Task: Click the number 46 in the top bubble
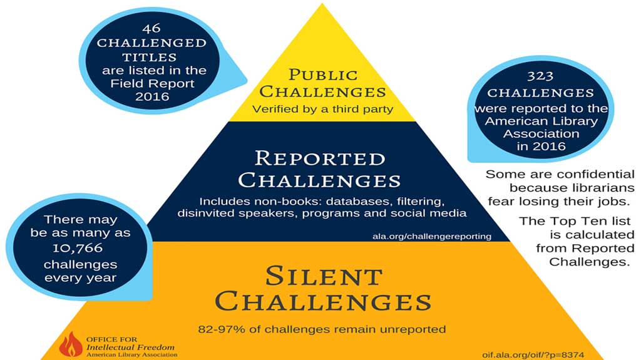151,28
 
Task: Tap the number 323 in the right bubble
540,76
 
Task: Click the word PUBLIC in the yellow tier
323,75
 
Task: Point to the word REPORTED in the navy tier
320,159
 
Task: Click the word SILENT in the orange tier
324,276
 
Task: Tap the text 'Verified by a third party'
322,109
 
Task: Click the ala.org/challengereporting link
432,236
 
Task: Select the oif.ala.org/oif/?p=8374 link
533,355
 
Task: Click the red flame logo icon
71,344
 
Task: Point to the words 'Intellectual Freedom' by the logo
130,347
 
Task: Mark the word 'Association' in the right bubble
541,134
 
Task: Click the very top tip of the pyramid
322,4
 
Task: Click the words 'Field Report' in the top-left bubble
152,83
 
